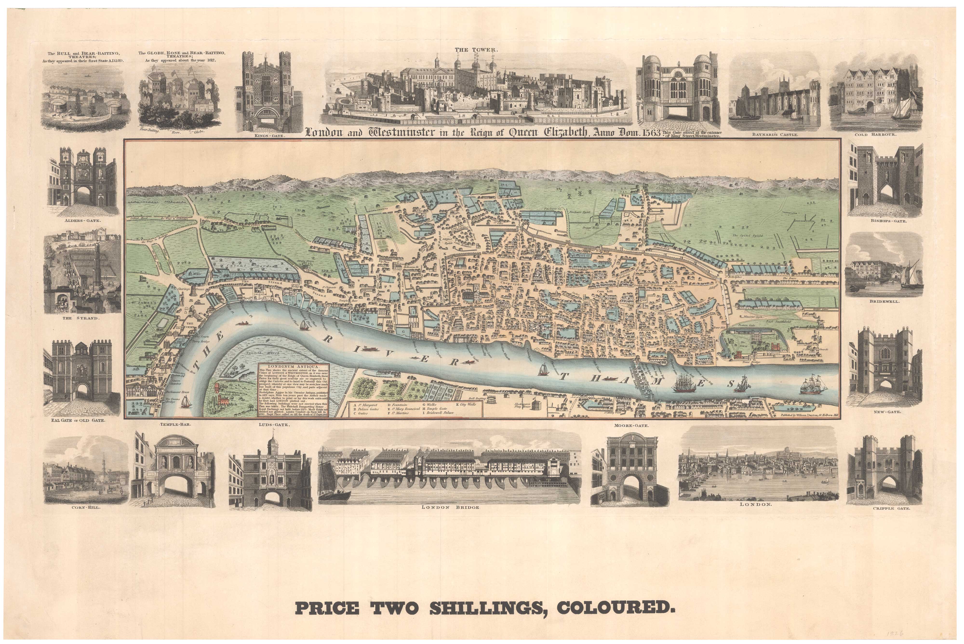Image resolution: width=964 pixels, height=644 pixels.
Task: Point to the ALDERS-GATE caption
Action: click(82, 221)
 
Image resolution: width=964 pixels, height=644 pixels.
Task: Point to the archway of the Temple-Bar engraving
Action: click(173, 484)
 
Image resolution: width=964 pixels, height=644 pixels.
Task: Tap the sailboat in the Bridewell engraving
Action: click(911, 273)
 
